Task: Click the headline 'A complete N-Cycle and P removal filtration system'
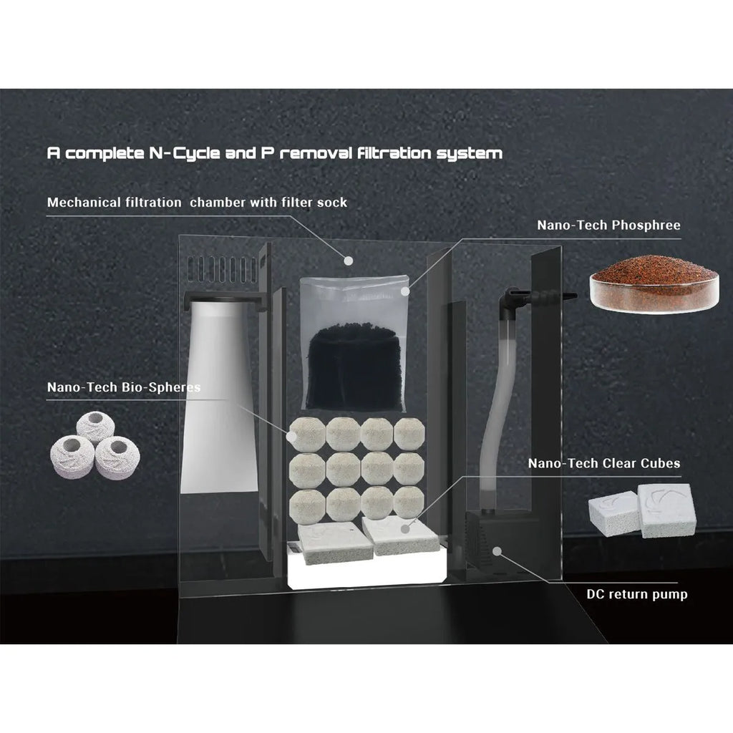(x=275, y=153)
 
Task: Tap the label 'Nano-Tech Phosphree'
(x=608, y=225)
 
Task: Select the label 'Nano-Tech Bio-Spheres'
(x=124, y=387)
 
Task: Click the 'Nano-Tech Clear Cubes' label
(x=604, y=463)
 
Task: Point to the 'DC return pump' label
(x=637, y=594)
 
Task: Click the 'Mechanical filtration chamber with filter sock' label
(x=198, y=203)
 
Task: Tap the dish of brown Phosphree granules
(x=654, y=285)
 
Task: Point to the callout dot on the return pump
(x=497, y=552)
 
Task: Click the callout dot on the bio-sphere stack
(x=292, y=436)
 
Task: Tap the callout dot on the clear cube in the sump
(x=406, y=529)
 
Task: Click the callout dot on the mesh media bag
(x=405, y=291)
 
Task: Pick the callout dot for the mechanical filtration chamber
(x=348, y=261)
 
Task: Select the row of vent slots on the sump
(x=223, y=269)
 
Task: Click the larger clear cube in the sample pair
(x=666, y=510)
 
